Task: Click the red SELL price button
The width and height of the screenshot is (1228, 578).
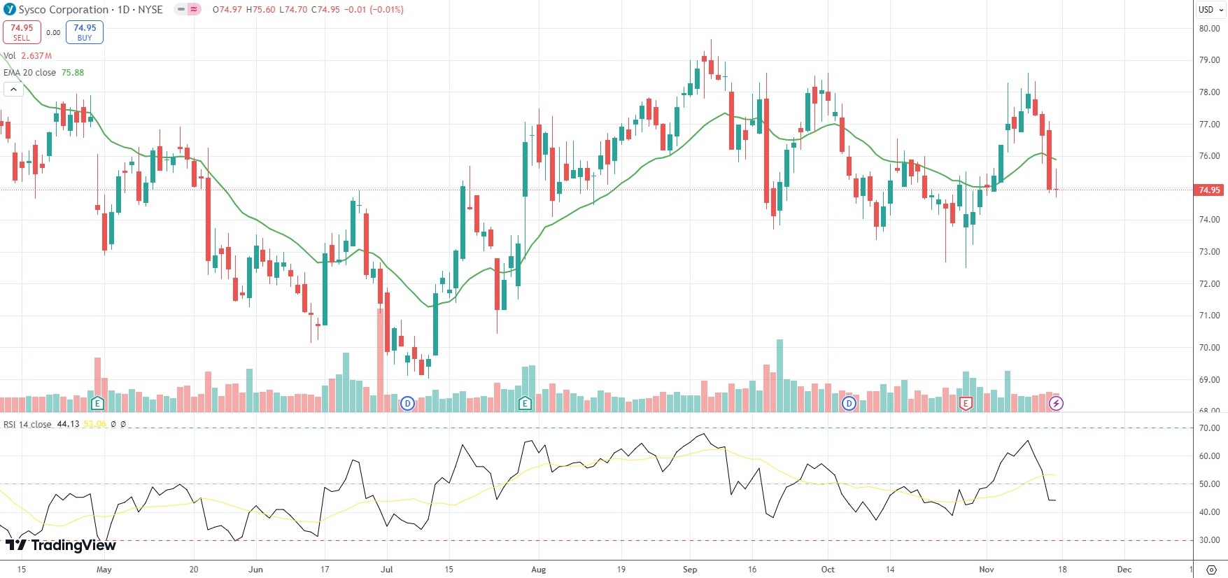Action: tap(22, 32)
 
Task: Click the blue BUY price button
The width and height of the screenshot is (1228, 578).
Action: tap(85, 32)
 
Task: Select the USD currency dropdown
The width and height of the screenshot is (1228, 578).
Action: tap(1210, 10)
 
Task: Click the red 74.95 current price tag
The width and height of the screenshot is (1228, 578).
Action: tap(1209, 190)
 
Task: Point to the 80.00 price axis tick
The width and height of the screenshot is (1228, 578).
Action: tap(1209, 29)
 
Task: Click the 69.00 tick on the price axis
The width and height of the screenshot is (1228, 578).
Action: tap(1209, 379)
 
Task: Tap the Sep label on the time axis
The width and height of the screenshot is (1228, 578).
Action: tap(690, 569)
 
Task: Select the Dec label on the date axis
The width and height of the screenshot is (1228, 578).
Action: tap(1124, 569)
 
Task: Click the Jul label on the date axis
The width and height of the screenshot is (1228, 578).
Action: tap(386, 569)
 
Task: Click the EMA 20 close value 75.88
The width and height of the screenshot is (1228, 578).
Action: tap(73, 73)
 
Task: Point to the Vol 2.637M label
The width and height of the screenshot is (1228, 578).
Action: tap(28, 56)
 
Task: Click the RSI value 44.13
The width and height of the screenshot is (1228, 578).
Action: tap(68, 425)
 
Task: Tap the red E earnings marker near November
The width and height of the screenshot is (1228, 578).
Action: tap(966, 403)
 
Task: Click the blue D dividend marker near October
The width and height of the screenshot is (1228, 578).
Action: tap(849, 403)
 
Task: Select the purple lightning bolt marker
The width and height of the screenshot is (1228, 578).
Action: tap(1056, 403)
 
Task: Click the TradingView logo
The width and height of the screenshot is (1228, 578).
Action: tap(61, 545)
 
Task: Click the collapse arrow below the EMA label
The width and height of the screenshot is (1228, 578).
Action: tap(13, 90)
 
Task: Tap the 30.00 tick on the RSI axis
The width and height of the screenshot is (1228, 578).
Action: tap(1209, 540)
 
